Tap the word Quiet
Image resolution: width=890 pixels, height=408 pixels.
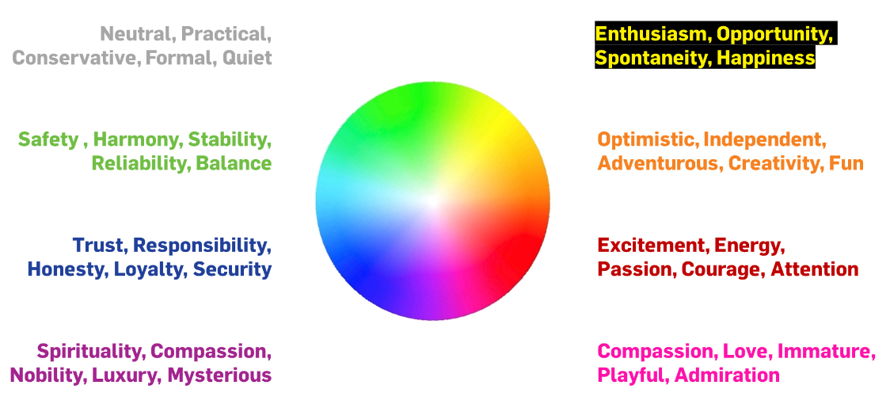(x=247, y=58)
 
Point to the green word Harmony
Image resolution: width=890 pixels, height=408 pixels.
(x=138, y=139)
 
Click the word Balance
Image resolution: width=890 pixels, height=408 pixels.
(x=234, y=164)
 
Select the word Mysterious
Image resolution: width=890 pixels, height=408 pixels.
(x=219, y=376)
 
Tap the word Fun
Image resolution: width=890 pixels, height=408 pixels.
(x=846, y=164)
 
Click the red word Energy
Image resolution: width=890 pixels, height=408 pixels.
(x=749, y=246)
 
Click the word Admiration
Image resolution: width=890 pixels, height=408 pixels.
(x=727, y=376)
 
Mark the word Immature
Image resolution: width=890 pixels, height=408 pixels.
(x=826, y=352)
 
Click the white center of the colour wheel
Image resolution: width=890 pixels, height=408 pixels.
(x=432, y=200)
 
